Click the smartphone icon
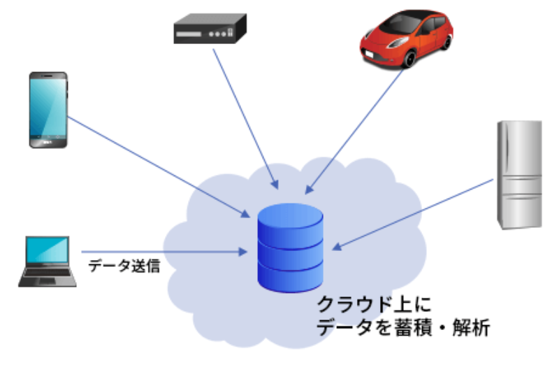click(x=48, y=109)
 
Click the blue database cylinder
click(x=290, y=248)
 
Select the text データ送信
click(x=124, y=266)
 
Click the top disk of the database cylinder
click(x=290, y=220)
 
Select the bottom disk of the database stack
click(x=290, y=276)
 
